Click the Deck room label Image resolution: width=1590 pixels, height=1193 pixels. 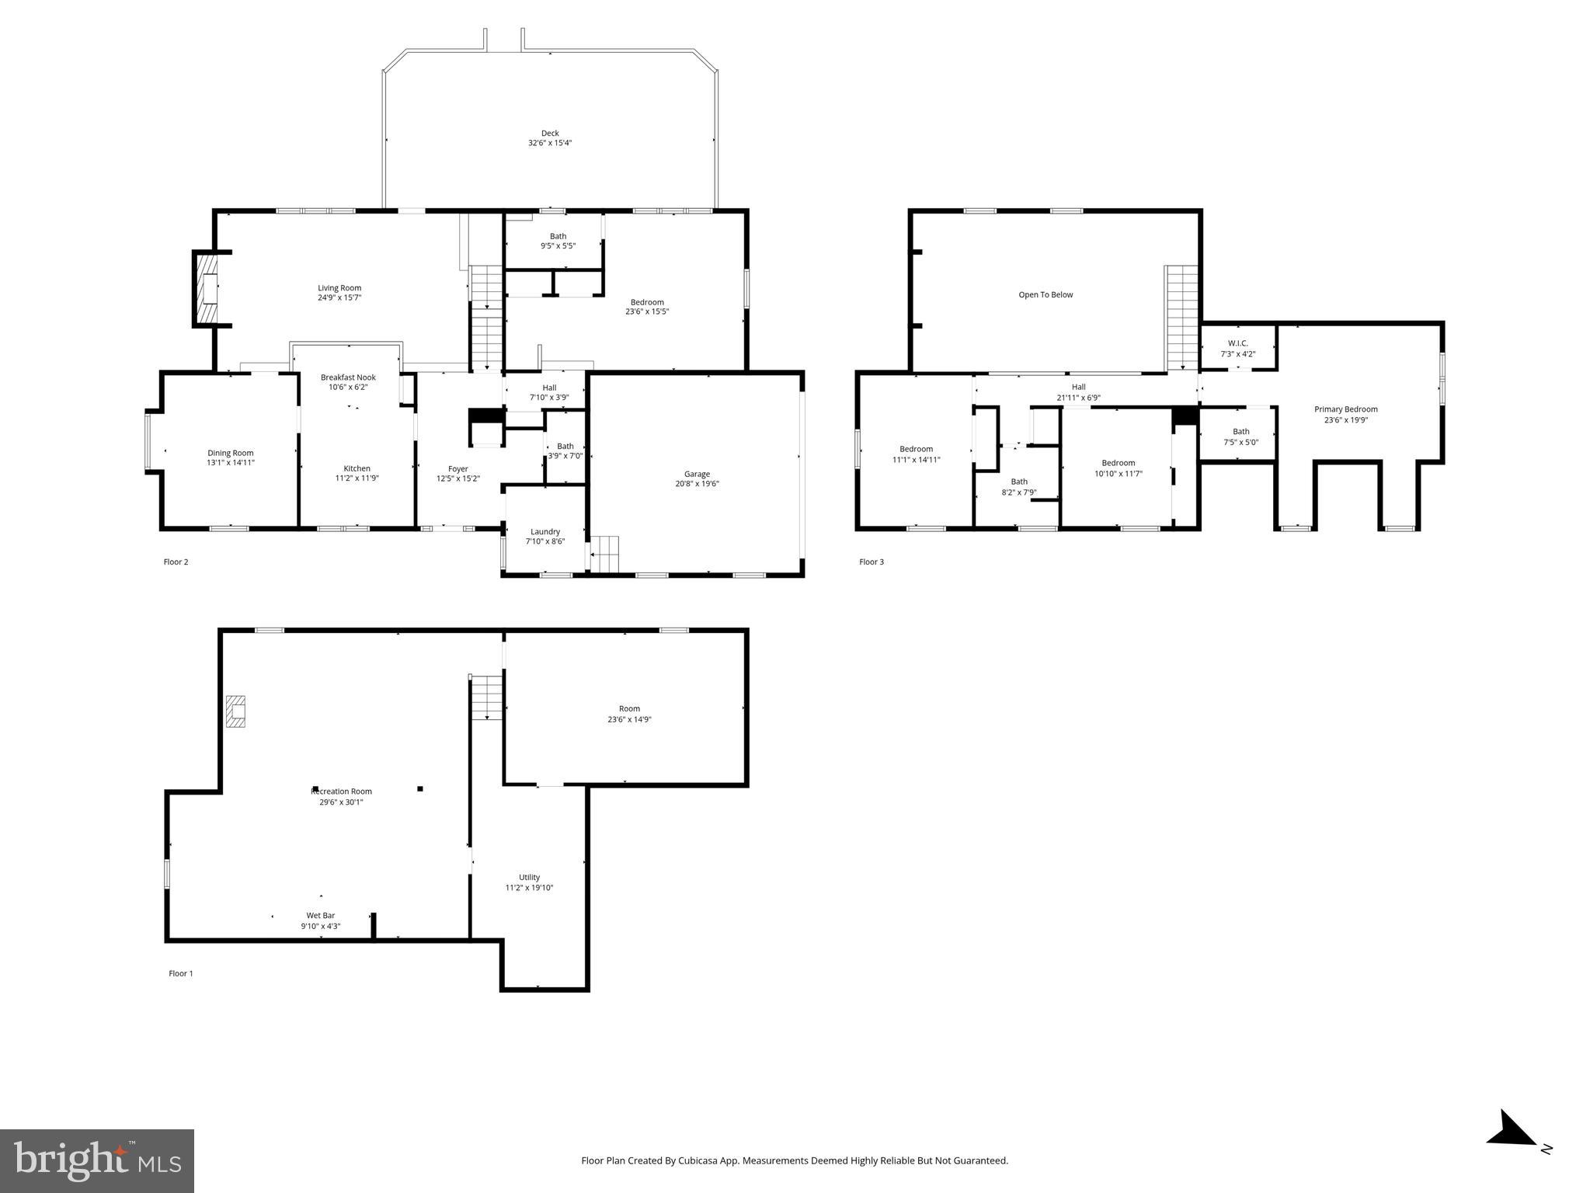tap(550, 134)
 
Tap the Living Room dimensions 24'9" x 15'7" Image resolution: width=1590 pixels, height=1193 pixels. tap(339, 297)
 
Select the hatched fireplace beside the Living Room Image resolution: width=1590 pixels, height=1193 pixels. tap(207, 289)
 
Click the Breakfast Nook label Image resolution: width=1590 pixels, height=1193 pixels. tap(348, 377)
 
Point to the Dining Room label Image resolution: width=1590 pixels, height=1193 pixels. tap(231, 453)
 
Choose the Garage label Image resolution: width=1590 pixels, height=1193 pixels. tap(697, 474)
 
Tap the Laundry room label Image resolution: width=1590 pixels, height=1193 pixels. tap(545, 532)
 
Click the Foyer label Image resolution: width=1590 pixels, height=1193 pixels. tap(458, 468)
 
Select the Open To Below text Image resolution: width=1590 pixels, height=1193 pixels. tap(1046, 294)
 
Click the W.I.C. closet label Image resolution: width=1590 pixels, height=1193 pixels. tap(1237, 343)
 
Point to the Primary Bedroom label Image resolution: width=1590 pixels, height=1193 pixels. tap(1345, 409)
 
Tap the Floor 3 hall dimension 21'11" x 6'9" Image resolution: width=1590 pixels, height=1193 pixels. tap(1078, 398)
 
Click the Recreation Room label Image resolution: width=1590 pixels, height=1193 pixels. tap(341, 791)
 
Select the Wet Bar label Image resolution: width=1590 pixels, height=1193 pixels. tap(320, 916)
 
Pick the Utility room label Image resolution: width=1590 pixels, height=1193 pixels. tap(529, 878)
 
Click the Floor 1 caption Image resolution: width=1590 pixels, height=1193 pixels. tap(180, 973)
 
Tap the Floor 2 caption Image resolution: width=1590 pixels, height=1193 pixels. tap(176, 562)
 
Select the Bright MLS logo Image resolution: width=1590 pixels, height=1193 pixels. tap(97, 1161)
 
